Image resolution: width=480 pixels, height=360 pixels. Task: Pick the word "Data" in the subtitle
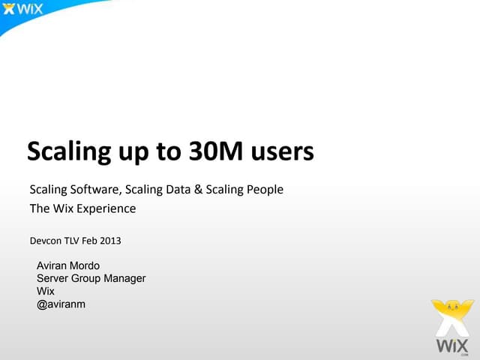(x=178, y=189)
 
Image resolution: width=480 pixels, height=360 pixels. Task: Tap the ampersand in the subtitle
(x=199, y=189)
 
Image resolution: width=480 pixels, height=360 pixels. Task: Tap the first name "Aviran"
(x=52, y=265)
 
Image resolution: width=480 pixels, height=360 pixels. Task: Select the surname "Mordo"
(x=85, y=265)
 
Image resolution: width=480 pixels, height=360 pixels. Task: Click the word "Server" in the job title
(x=52, y=278)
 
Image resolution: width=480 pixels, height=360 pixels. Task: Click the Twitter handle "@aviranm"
(x=61, y=304)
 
